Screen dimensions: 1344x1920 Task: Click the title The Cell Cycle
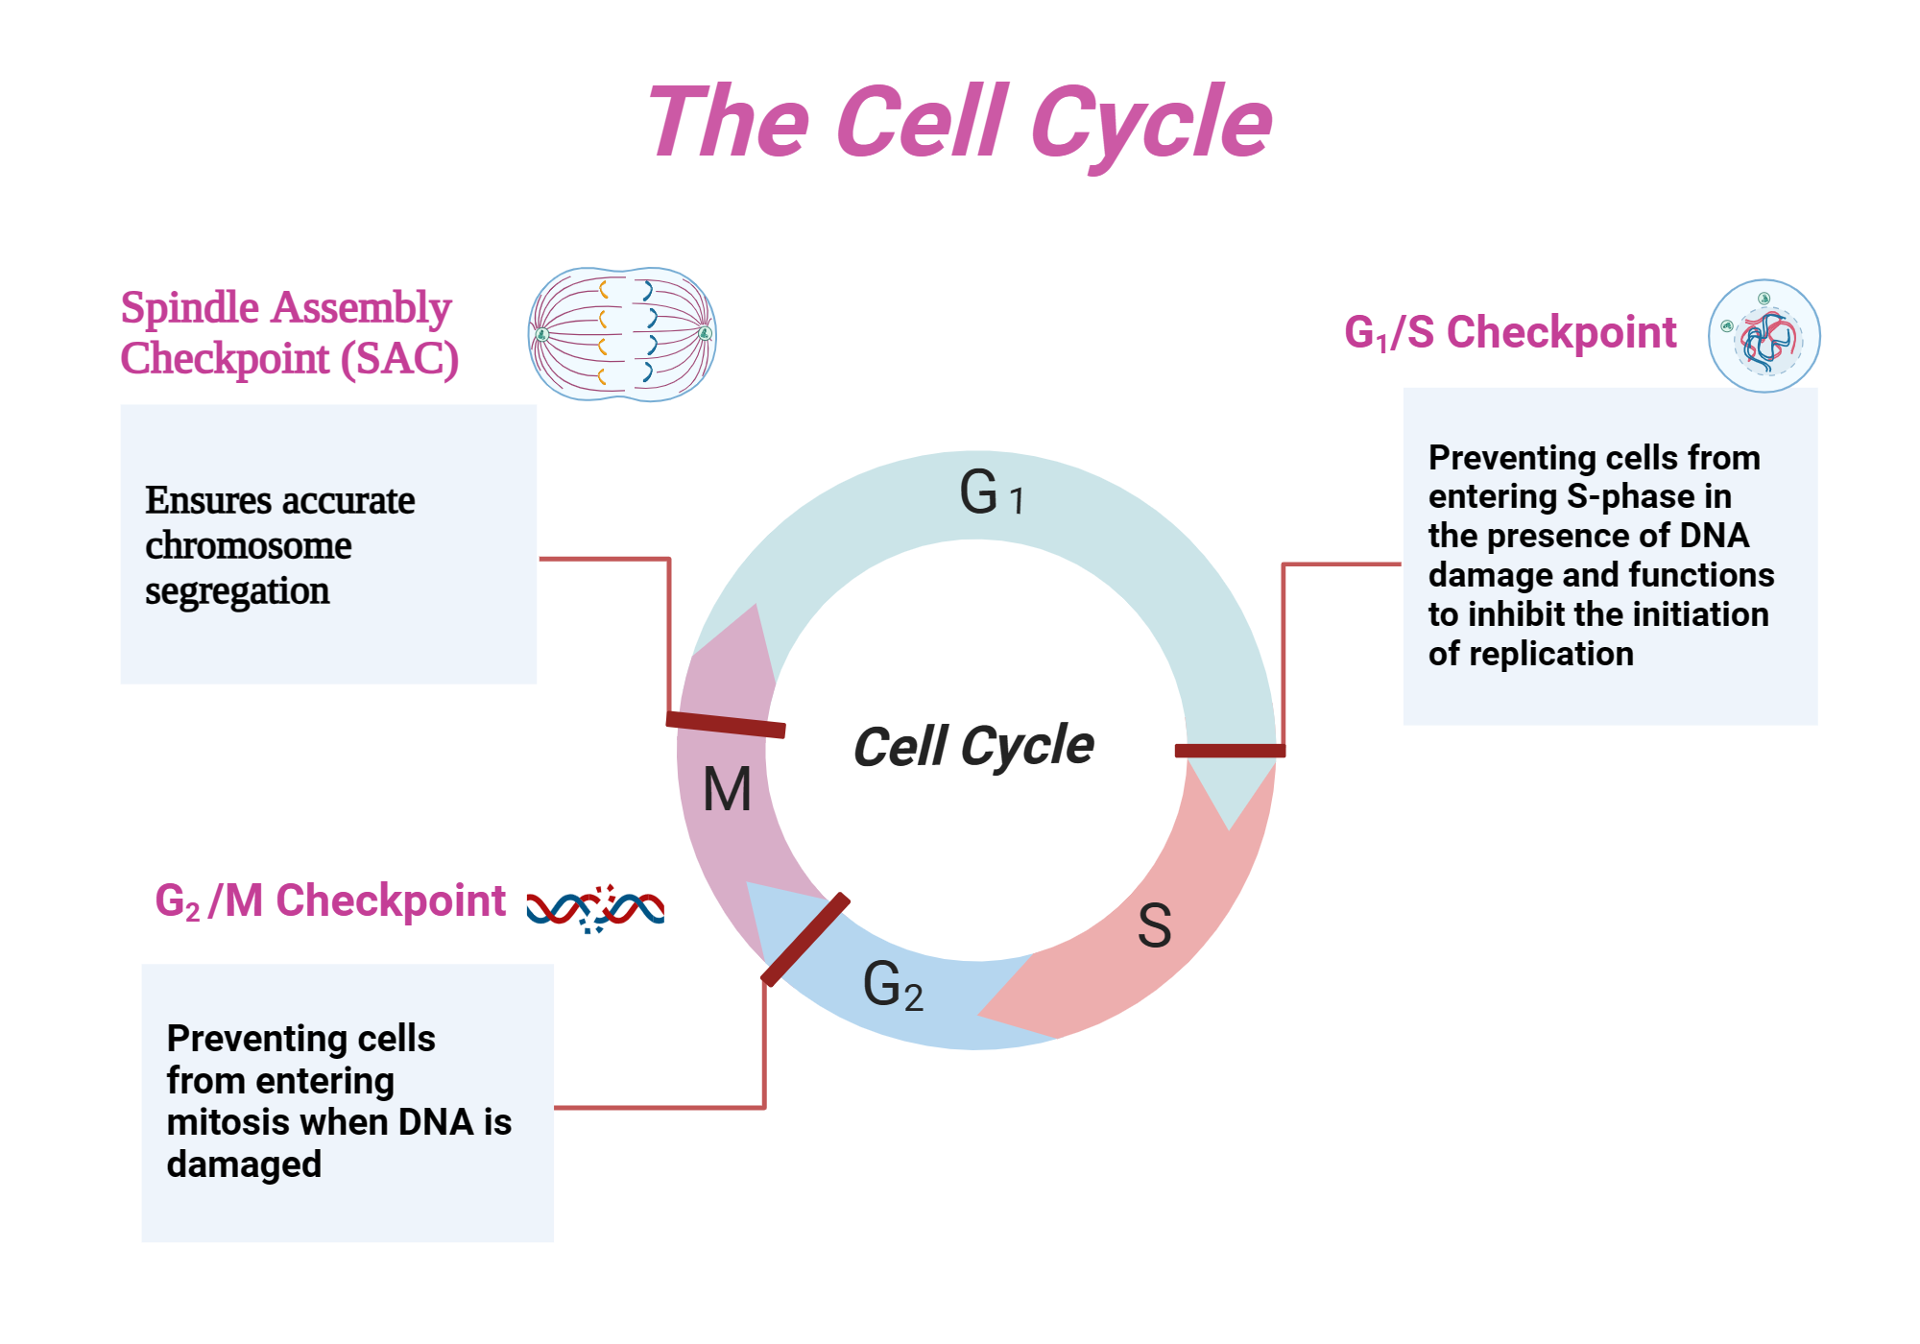point(960,123)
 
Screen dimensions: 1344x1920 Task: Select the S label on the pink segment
point(1154,926)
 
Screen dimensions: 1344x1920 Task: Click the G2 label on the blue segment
point(892,985)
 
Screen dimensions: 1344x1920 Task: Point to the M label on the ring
point(727,790)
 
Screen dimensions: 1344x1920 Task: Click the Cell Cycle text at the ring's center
point(972,747)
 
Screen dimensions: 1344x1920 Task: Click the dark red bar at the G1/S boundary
point(1230,751)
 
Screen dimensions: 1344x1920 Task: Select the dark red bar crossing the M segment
point(726,725)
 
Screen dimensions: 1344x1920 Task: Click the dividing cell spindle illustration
point(622,334)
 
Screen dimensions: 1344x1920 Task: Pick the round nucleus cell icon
point(1764,336)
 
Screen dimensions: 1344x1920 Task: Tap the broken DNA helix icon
point(595,908)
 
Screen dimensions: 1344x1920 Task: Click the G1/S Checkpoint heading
point(1509,333)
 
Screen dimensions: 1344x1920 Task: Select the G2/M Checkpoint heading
point(330,901)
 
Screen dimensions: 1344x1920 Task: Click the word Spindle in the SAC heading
point(189,308)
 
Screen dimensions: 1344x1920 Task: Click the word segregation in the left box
point(237,591)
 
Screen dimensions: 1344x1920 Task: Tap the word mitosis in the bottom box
point(226,1122)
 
